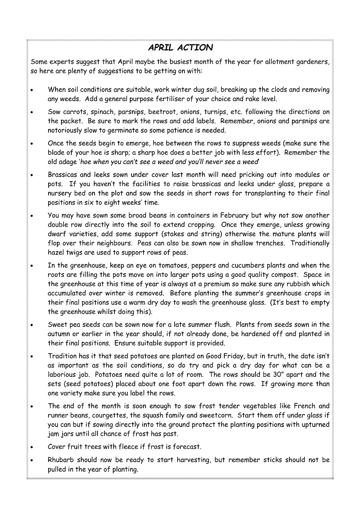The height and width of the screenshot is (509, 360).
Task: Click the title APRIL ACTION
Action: [180, 48]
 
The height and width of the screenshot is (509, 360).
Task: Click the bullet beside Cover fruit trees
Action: [32, 447]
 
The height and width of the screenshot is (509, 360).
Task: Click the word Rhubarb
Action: [62, 460]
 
